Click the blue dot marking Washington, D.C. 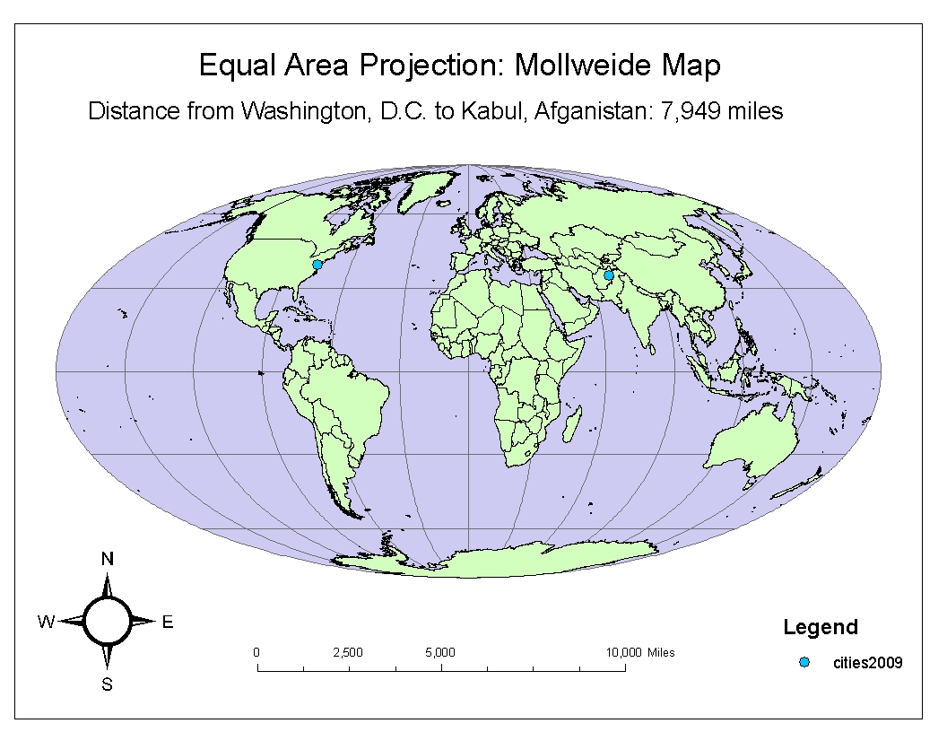pyautogui.click(x=317, y=265)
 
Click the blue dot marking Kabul pyautogui.click(x=609, y=275)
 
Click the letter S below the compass pyautogui.click(x=108, y=685)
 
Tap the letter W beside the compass pyautogui.click(x=46, y=622)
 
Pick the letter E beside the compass pyautogui.click(x=168, y=622)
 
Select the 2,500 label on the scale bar pyautogui.click(x=347, y=652)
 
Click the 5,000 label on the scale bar pyautogui.click(x=440, y=652)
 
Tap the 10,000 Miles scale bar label pyautogui.click(x=640, y=652)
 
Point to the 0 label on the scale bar pyautogui.click(x=257, y=652)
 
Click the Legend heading pyautogui.click(x=821, y=627)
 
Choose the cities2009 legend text pyautogui.click(x=867, y=663)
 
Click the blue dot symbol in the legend pyautogui.click(x=804, y=662)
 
